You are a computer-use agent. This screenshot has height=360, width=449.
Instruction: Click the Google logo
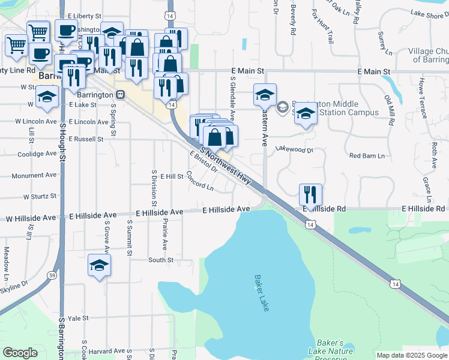20,353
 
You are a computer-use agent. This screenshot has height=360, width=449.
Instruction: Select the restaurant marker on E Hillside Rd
310,195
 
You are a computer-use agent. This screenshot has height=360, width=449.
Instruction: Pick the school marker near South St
100,266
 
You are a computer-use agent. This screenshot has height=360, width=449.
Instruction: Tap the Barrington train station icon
121,94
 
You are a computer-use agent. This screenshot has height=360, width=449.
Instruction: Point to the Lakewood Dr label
294,149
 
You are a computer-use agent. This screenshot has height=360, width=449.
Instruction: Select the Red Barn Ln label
366,156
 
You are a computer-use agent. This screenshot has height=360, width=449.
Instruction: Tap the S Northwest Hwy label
225,165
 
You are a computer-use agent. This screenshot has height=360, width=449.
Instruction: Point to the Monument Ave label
34,176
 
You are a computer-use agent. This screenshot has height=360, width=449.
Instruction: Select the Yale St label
78,318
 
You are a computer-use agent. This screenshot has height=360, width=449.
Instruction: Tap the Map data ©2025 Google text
411,355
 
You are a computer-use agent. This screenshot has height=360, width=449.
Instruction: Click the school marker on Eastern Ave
265,95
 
